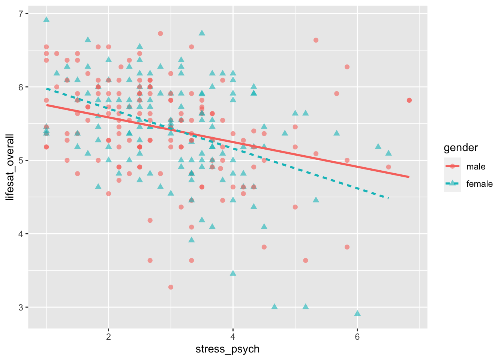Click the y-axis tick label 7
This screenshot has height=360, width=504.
click(x=20, y=14)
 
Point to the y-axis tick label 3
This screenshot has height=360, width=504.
click(x=20, y=307)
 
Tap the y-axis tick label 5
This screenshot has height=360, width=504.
click(x=20, y=160)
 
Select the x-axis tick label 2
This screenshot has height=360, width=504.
click(x=108, y=336)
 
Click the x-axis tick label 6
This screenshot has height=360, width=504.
click(x=357, y=336)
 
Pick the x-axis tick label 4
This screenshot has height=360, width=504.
click(x=233, y=336)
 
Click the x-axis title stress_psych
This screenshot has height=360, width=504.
click(x=228, y=349)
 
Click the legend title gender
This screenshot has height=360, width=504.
click(x=461, y=148)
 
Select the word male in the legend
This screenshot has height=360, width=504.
click(x=476, y=167)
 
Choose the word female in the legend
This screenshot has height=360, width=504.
click(x=479, y=184)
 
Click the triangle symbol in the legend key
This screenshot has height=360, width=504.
click(x=453, y=183)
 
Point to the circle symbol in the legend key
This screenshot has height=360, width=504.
click(x=453, y=166)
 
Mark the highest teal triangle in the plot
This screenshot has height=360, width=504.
click(x=46, y=19)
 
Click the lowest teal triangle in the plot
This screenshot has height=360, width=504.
click(x=357, y=313)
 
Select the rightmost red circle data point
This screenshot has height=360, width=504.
click(x=409, y=100)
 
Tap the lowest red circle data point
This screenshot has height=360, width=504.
click(x=171, y=287)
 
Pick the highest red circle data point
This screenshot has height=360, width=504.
click(x=160, y=33)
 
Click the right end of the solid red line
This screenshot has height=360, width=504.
click(x=409, y=177)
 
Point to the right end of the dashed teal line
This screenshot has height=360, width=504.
click(x=388, y=198)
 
